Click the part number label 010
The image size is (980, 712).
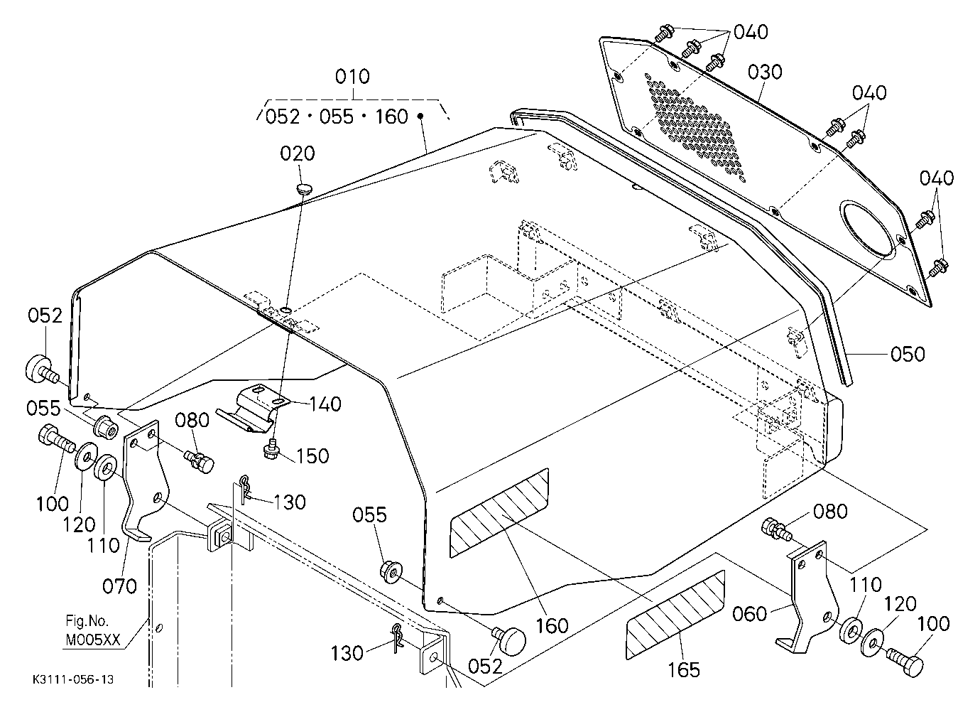point(352,77)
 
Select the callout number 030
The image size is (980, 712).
point(765,72)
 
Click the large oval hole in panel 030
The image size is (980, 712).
point(866,229)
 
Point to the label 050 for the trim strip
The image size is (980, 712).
point(908,354)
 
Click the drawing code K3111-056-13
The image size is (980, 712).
point(74,679)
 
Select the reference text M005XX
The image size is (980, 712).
point(93,640)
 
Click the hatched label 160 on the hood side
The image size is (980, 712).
point(499,513)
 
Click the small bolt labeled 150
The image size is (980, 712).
point(271,449)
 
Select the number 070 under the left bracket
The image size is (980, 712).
point(119,586)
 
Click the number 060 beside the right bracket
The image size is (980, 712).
point(749,614)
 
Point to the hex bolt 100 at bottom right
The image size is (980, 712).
point(905,664)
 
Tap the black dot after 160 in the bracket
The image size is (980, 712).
point(420,116)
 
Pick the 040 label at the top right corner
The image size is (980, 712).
point(751,33)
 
